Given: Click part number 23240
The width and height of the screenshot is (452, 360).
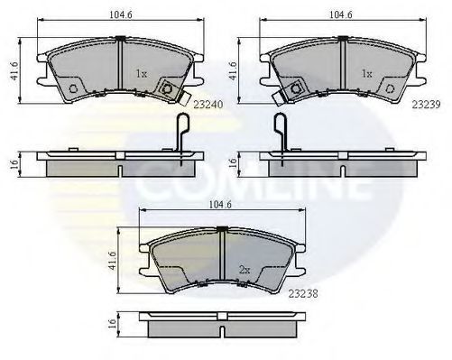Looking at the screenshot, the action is click(x=208, y=105).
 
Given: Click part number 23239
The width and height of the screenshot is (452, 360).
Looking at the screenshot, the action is click(x=426, y=105).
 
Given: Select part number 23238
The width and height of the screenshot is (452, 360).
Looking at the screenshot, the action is click(x=303, y=293).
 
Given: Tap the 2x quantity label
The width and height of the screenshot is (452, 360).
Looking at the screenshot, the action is click(x=244, y=270).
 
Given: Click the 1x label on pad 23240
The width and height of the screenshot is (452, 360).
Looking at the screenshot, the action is click(x=142, y=74).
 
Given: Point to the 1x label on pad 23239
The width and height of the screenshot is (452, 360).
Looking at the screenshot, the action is click(x=366, y=74).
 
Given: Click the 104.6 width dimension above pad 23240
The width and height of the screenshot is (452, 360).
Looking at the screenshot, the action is click(x=121, y=14).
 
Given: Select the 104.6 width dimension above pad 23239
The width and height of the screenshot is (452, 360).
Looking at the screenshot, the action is click(x=341, y=14).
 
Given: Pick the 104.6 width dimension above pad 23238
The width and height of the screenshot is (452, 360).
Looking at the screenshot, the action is click(x=220, y=205).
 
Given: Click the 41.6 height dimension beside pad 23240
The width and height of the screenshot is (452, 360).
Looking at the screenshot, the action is click(x=14, y=71).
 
